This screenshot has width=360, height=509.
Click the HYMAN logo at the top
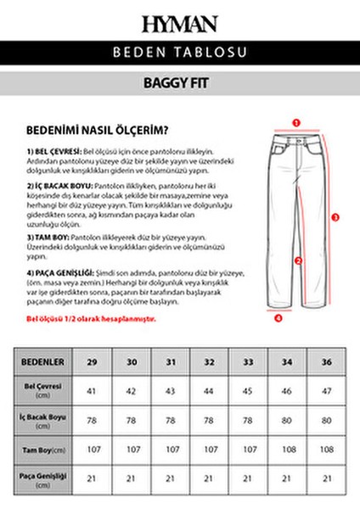click(x=180, y=23)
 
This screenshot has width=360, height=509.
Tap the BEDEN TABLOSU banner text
click(x=180, y=53)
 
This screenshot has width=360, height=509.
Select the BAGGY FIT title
click(x=180, y=85)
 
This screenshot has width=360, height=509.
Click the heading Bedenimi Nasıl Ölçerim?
click(x=97, y=130)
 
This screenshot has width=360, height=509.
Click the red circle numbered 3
click(x=335, y=217)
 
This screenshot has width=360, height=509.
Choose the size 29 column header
click(x=92, y=361)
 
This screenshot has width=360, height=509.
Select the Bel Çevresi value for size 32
click(x=210, y=390)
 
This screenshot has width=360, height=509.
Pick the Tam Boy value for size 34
click(x=289, y=449)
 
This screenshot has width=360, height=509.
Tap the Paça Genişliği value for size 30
click(x=131, y=478)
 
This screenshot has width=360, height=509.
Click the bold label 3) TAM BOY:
click(x=47, y=238)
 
